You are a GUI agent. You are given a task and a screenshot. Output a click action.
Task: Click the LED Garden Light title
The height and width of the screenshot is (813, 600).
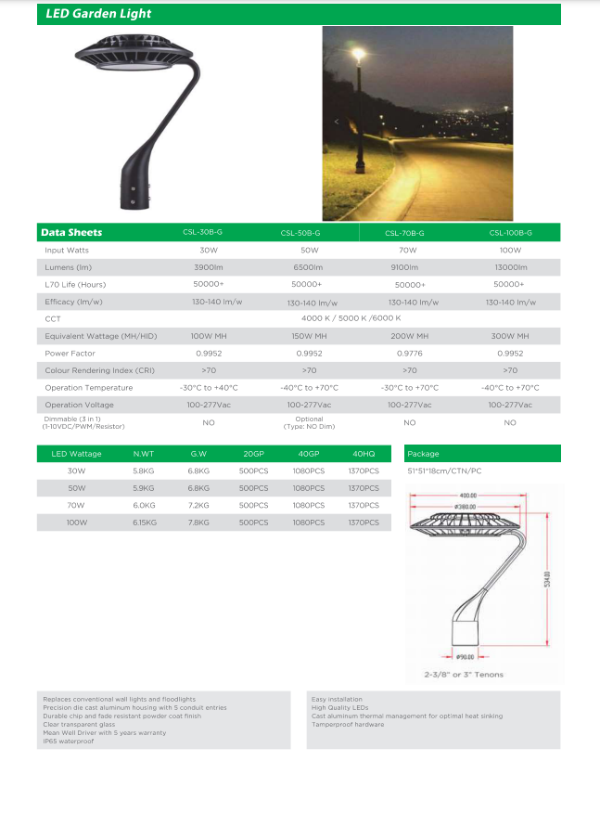[99, 14]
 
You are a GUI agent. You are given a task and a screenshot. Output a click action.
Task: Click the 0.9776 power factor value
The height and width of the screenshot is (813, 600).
[409, 353]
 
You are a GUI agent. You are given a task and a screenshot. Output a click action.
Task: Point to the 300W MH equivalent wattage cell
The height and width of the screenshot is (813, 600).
[510, 336]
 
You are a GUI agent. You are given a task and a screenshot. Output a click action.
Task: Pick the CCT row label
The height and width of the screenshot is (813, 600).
[52, 318]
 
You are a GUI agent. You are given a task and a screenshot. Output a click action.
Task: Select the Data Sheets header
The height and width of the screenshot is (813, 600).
[71, 232]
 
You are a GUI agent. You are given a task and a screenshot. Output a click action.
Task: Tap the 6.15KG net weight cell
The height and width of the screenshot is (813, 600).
[145, 523]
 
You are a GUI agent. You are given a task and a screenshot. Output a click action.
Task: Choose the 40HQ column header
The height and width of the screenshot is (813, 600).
[364, 454]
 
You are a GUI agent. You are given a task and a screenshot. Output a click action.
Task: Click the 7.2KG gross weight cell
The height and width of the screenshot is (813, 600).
[198, 506]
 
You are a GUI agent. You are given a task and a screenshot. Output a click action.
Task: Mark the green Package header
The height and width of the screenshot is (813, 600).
[482, 454]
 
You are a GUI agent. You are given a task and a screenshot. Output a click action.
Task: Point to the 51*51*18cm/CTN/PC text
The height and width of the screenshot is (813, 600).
[445, 471]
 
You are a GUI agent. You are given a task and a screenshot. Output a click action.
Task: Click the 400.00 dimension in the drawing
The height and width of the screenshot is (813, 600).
[466, 496]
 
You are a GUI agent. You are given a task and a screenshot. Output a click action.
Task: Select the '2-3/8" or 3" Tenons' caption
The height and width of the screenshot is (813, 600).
[463, 675]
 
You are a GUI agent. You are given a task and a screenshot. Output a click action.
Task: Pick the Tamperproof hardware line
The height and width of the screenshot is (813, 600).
[348, 724]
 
